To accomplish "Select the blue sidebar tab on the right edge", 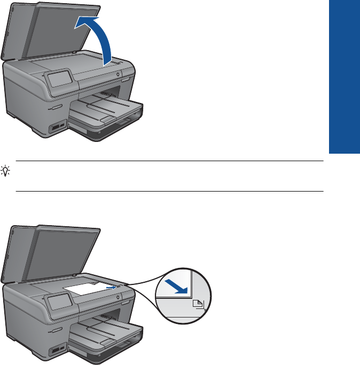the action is (345, 77).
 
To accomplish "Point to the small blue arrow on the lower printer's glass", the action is (110, 287).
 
